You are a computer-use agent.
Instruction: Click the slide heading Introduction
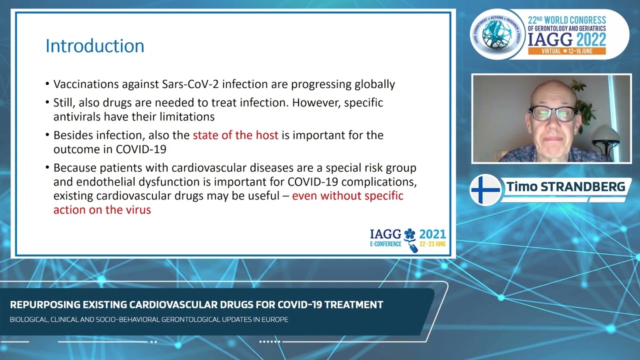click(95, 46)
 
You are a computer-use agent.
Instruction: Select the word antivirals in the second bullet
click(77, 116)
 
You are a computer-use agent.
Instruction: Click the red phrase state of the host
click(235, 135)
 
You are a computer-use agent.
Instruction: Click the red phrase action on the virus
click(102, 209)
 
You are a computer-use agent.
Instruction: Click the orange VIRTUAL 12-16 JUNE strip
click(566, 51)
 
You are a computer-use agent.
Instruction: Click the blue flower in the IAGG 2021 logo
click(410, 234)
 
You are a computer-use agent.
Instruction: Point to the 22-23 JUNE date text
click(432, 244)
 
